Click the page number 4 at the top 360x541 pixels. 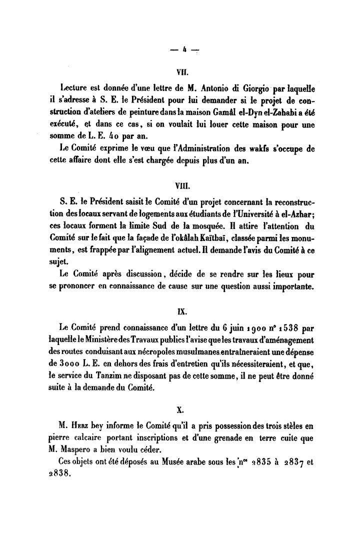(184, 49)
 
